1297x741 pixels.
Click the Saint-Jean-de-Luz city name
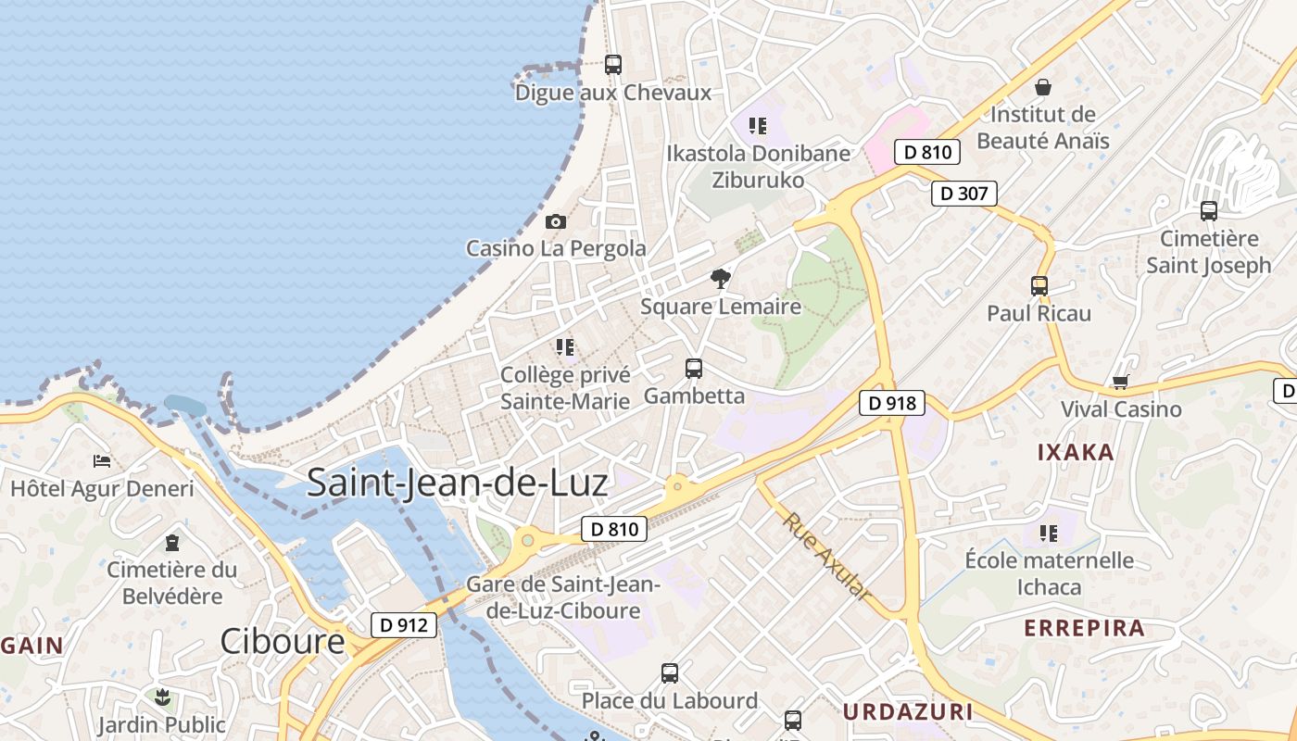[457, 483]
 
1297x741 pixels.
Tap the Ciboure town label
[282, 641]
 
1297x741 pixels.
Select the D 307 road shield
[963, 194]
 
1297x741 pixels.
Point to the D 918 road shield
[891, 403]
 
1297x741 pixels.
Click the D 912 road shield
[404, 625]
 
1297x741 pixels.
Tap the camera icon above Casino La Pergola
[556, 221]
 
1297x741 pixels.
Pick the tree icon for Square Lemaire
[720, 279]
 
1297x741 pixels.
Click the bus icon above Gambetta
[694, 369]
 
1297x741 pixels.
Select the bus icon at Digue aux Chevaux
[613, 65]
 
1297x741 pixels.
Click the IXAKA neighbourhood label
[1075, 453]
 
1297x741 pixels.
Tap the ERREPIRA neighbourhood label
[1084, 628]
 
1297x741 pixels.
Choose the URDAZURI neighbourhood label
[908, 711]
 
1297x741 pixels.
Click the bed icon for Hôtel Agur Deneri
[102, 461]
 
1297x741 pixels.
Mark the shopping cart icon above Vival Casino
[1121, 382]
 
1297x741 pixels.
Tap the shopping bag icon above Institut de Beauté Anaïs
[1043, 87]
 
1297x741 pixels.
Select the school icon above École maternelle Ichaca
[1049, 533]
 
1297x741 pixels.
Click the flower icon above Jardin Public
[162, 697]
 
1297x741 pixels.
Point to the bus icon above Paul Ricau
[1039, 286]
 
